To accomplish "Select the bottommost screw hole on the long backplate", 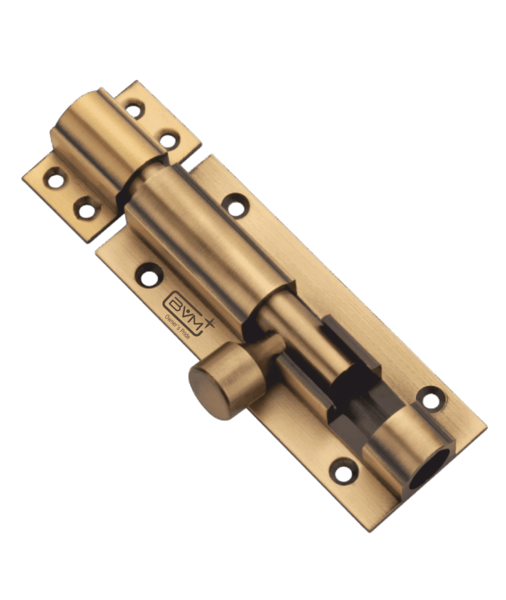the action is point(344,471).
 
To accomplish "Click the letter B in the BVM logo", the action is point(176,302).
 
